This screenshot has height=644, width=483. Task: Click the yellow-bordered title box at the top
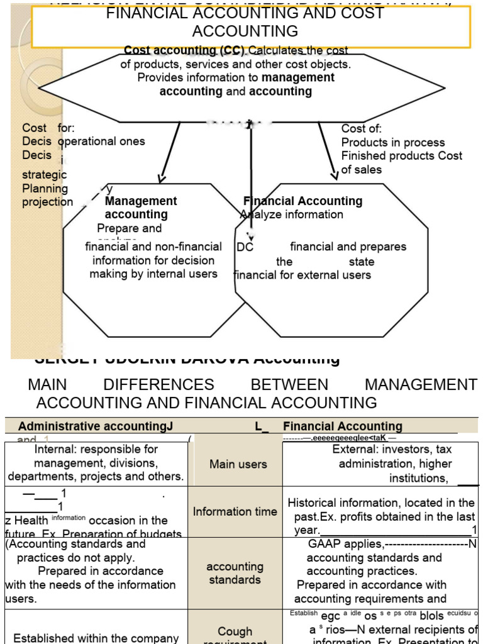click(251, 26)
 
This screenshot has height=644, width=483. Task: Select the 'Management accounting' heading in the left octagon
click(141, 208)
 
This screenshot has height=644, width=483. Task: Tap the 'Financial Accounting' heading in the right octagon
click(303, 201)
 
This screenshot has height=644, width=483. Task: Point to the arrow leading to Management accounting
click(170, 151)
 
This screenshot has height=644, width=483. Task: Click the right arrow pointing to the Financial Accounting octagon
click(328, 151)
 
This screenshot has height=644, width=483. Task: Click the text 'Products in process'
click(392, 142)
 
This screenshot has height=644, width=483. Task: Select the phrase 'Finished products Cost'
click(401, 155)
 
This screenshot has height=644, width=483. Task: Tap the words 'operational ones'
click(101, 142)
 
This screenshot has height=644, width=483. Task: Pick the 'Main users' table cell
click(238, 464)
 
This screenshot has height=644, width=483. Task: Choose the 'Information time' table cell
click(235, 511)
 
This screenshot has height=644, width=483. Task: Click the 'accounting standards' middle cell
click(235, 573)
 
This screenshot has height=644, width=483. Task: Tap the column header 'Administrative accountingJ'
click(95, 426)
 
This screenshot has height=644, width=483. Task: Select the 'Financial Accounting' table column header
click(342, 426)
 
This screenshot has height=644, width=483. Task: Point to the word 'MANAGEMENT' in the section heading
click(421, 385)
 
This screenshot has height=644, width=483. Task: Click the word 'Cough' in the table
click(235, 631)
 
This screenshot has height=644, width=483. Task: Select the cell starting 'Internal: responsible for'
click(96, 463)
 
